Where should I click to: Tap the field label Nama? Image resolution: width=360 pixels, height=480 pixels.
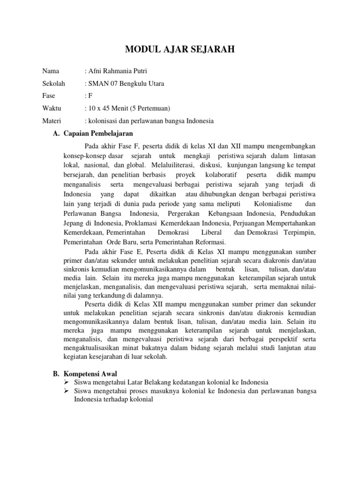click(x=51, y=72)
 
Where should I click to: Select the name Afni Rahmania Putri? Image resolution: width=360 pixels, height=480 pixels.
click(x=116, y=72)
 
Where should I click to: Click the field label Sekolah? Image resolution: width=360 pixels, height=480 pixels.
click(x=54, y=84)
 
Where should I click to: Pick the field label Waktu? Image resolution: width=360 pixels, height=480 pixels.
click(x=52, y=109)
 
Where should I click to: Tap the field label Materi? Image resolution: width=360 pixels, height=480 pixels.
click(x=52, y=121)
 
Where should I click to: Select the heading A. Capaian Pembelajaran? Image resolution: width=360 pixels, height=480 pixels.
click(x=94, y=133)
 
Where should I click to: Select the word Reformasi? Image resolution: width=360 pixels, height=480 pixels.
click(x=209, y=242)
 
